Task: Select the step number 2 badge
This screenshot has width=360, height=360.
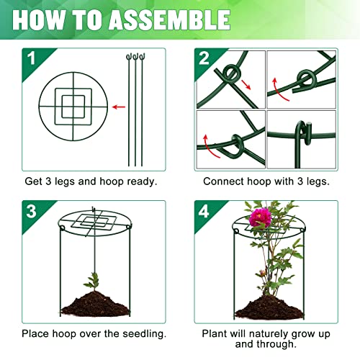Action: [x=203, y=58]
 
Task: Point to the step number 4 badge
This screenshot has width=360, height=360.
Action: [x=203, y=210]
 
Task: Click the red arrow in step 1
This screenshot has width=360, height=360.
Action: [x=118, y=107]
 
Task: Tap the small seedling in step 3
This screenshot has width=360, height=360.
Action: [x=91, y=279]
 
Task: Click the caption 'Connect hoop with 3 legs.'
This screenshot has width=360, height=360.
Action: [x=266, y=182]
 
